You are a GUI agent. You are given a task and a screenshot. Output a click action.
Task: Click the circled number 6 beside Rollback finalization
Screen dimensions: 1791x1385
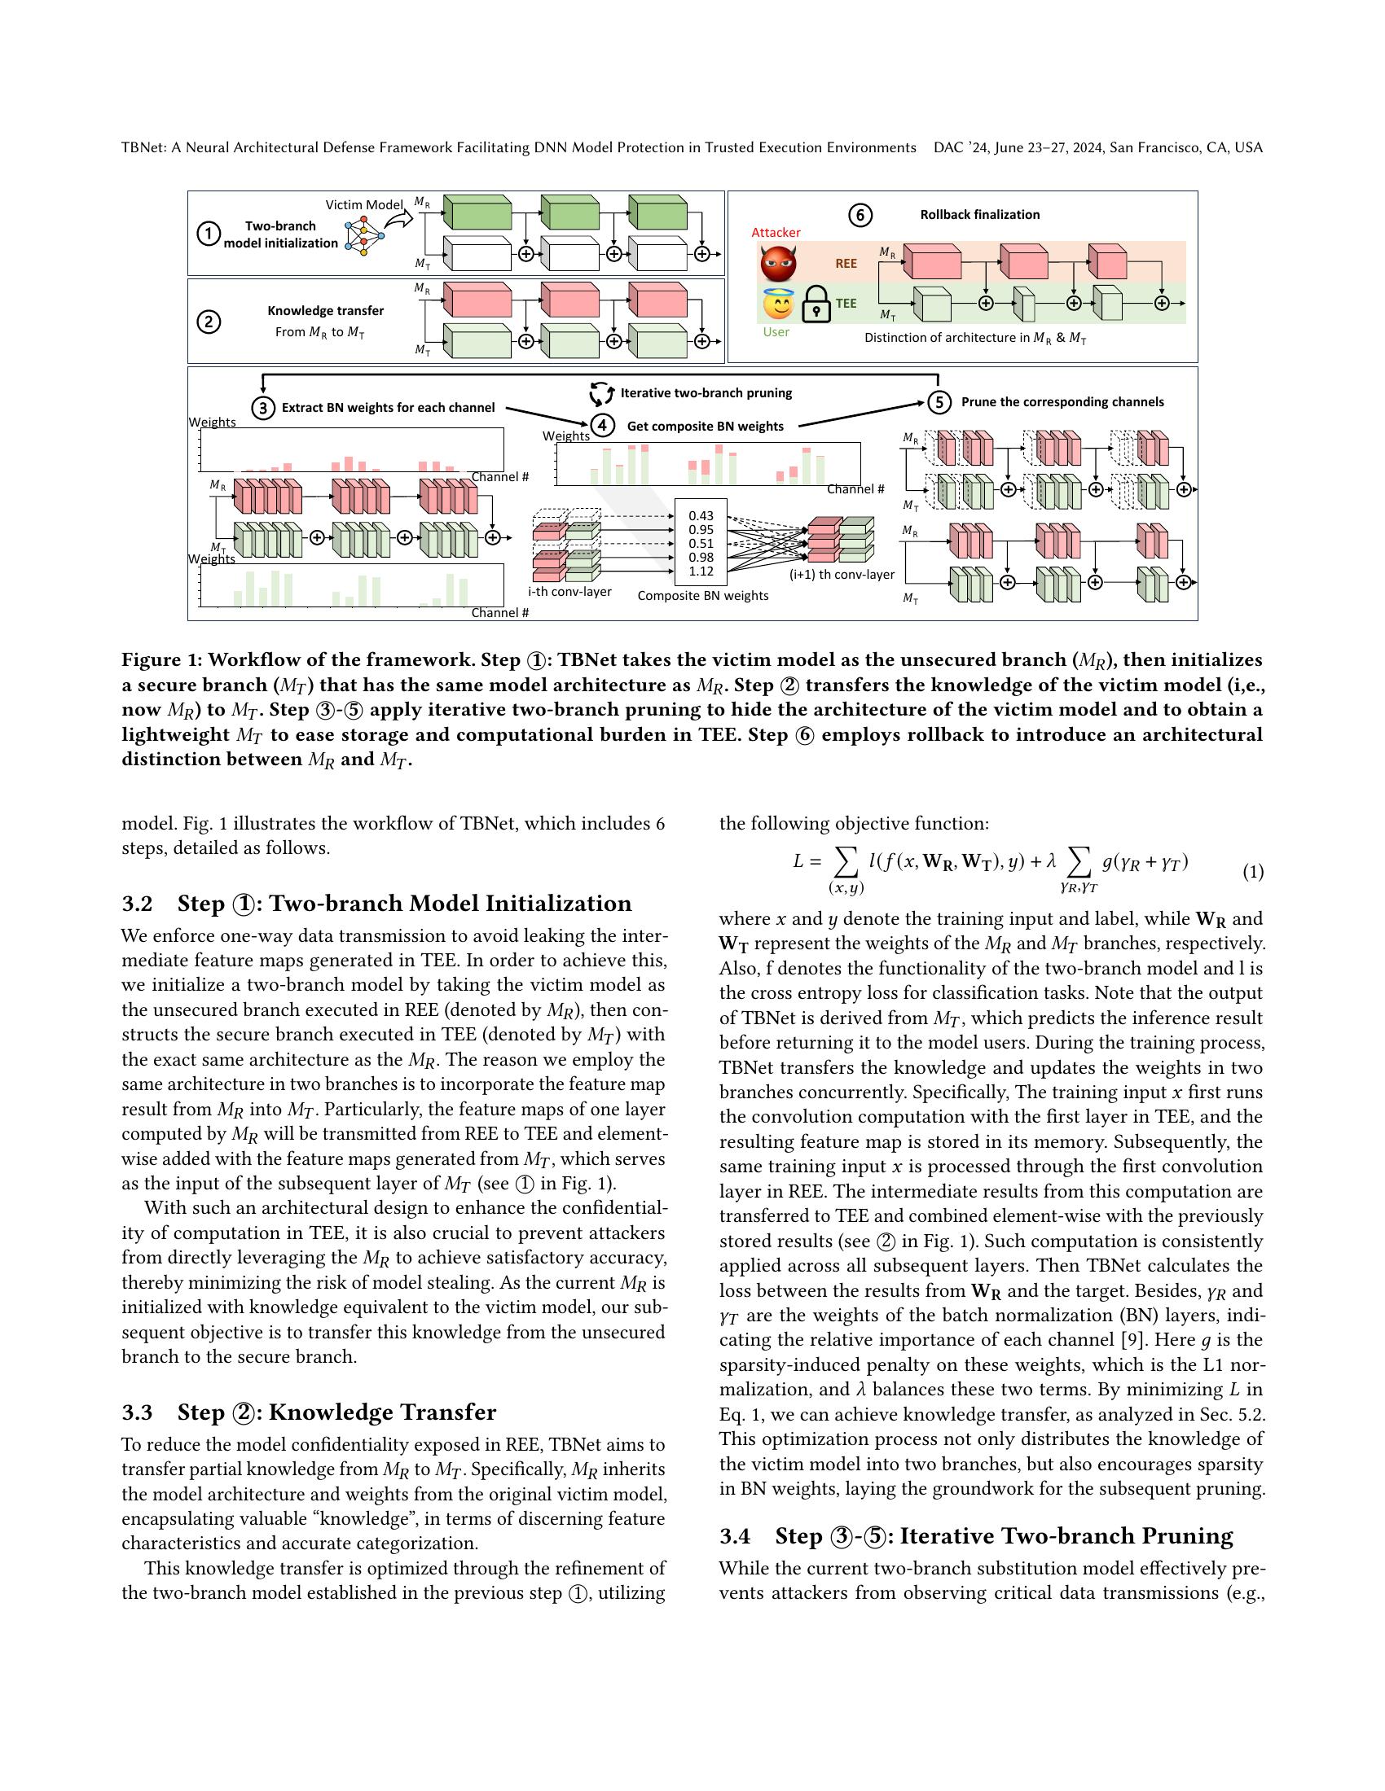(859, 215)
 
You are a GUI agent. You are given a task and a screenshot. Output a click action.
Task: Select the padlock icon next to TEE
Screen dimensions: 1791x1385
(816, 304)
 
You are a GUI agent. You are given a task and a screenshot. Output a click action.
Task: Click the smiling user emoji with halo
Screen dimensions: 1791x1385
(777, 304)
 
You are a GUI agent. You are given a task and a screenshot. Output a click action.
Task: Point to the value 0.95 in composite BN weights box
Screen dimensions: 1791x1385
(701, 530)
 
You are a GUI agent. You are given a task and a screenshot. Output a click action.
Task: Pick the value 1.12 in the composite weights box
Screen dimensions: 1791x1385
(701, 571)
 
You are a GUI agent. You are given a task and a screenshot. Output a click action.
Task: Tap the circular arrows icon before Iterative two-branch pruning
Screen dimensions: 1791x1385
(601, 394)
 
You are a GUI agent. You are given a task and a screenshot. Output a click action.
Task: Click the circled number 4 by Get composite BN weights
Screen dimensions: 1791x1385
(602, 426)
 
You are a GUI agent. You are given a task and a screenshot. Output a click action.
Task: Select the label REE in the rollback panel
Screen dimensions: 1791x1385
(846, 264)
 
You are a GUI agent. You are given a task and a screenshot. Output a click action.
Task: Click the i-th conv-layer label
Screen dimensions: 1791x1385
(569, 591)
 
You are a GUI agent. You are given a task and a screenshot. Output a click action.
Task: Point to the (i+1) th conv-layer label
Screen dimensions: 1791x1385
(841, 575)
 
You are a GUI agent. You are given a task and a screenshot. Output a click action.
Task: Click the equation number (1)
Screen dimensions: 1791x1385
(1252, 872)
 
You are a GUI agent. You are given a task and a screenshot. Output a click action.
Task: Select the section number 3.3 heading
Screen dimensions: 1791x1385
(137, 1412)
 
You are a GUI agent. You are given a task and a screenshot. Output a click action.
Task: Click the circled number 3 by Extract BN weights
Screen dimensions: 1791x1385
(262, 408)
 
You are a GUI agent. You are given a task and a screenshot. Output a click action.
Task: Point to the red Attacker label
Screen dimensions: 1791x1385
(776, 233)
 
